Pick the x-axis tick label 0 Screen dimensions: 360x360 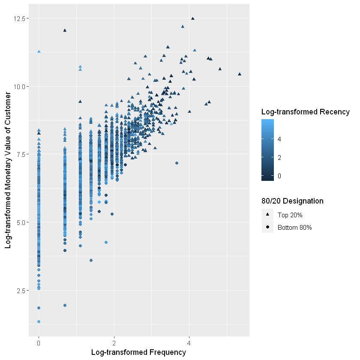pyautogui.click(x=39, y=343)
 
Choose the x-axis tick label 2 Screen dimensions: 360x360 pyautogui.click(x=114, y=343)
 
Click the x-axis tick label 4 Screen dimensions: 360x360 pyautogui.click(x=189, y=343)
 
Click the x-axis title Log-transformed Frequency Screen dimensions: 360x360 pyautogui.click(x=138, y=352)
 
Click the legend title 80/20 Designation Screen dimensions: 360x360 pyautogui.click(x=292, y=201)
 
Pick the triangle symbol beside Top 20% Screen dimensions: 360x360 pyautogui.click(x=267, y=215)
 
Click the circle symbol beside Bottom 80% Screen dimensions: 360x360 pyautogui.click(x=267, y=228)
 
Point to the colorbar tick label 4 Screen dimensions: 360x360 pyautogui.click(x=279, y=139)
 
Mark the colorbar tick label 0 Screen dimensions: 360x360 pyautogui.click(x=279, y=176)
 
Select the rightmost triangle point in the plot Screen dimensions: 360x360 pyautogui.click(x=240, y=74)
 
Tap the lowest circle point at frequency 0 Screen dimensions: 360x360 pyautogui.click(x=39, y=322)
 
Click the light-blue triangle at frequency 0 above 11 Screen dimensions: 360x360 pyautogui.click(x=39, y=51)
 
